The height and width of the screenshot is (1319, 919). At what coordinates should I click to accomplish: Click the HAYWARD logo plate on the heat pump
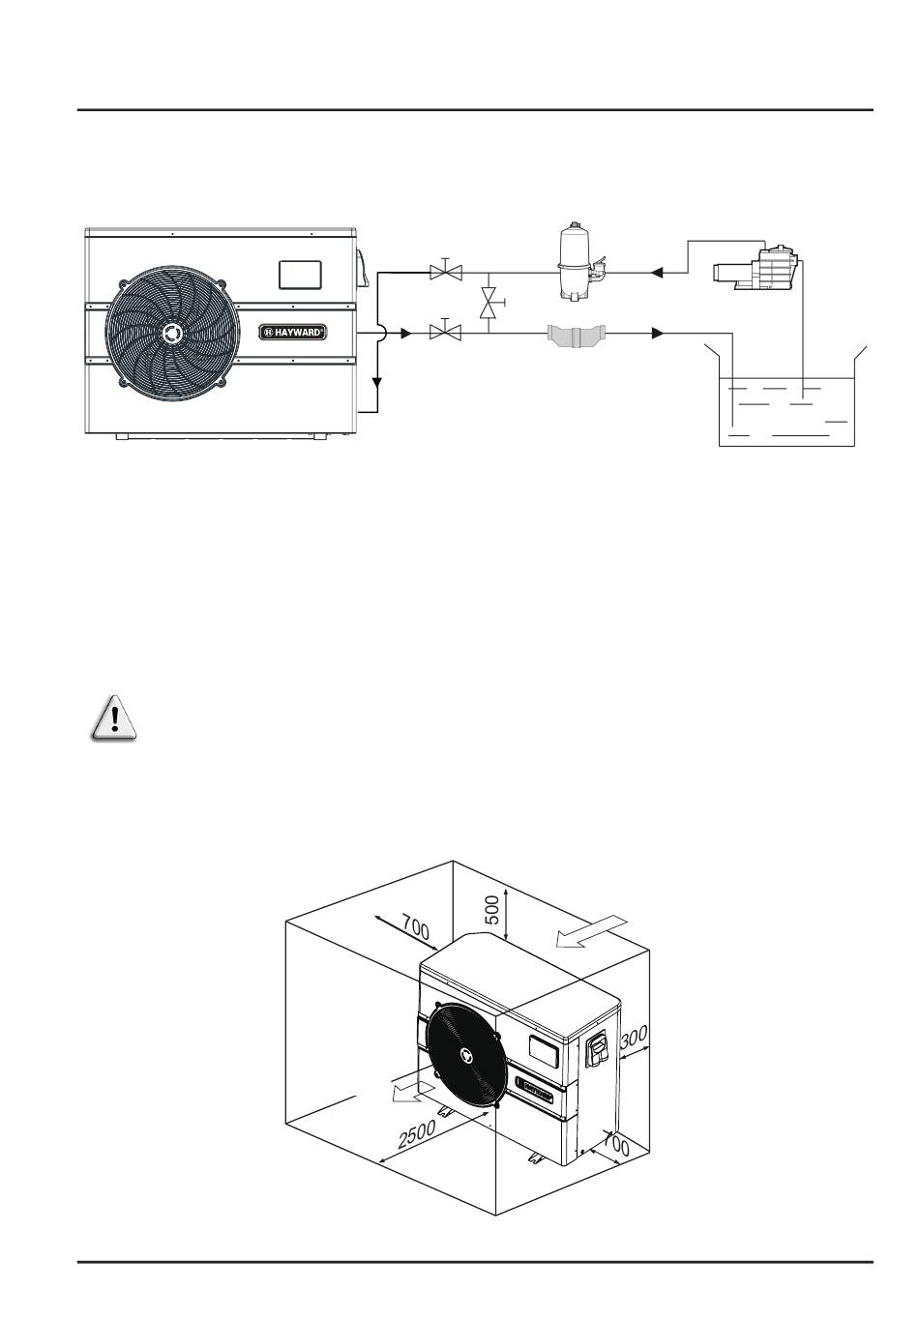(293, 332)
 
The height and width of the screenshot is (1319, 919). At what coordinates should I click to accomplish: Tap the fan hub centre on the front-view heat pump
(172, 332)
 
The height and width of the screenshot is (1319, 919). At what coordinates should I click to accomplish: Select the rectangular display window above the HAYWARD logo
(300, 275)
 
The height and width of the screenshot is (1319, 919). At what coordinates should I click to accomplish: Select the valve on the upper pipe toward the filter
(446, 271)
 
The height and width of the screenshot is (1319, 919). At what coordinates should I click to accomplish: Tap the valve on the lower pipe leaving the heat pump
(446, 332)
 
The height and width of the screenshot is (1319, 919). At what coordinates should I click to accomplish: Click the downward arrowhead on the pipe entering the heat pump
(377, 383)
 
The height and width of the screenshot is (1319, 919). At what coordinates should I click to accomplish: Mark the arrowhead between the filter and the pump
(658, 273)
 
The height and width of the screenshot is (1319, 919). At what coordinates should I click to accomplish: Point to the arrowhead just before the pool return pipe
(658, 334)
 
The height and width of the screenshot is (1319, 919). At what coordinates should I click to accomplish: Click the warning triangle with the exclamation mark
(114, 717)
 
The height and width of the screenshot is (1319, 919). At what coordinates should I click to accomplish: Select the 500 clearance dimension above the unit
(492, 910)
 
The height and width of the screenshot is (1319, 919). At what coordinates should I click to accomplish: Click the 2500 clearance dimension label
(417, 1133)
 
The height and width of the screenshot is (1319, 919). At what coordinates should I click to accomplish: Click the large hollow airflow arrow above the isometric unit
(590, 931)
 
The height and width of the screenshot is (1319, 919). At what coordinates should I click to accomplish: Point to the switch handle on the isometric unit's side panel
(599, 1051)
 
